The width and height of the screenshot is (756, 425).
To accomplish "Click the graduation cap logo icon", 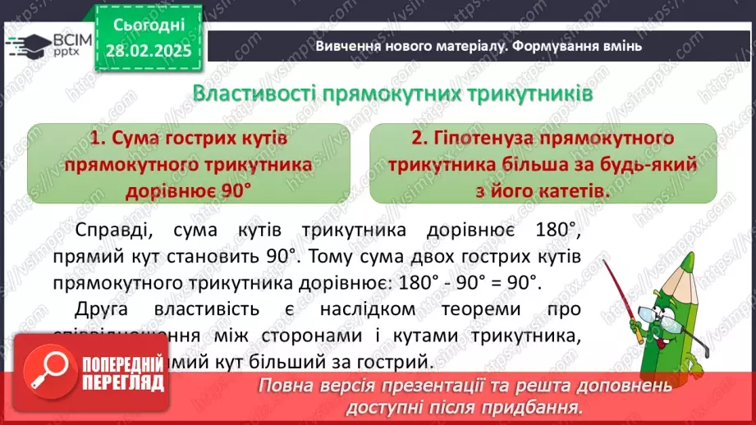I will (26, 41).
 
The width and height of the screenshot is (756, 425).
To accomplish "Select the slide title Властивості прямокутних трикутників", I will (392, 94).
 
